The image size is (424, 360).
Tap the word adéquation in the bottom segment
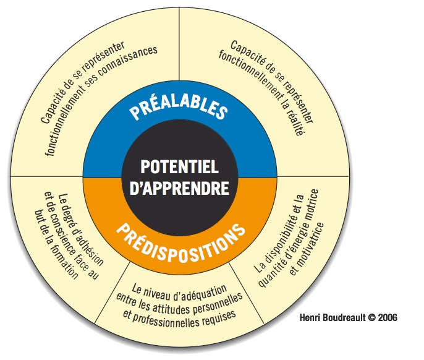(203, 287)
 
